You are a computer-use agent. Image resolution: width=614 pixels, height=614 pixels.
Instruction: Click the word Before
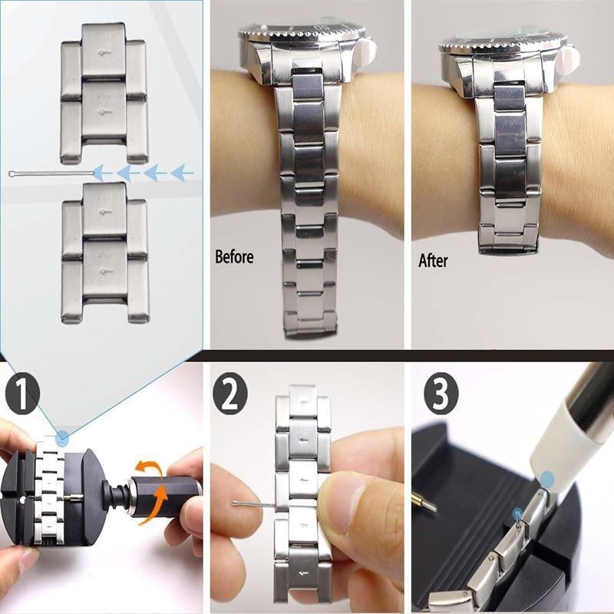pos(234,257)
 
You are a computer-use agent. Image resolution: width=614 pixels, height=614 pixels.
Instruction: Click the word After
pos(433,260)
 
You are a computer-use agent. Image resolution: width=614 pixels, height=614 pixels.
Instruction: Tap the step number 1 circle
pos(22,393)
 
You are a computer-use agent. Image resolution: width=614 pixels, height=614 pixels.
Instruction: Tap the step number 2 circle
pos(229,393)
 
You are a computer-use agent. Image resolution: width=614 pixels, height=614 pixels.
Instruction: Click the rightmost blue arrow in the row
pos(183,173)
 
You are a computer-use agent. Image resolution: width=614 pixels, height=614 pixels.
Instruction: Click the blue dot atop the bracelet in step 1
pos(62,438)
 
